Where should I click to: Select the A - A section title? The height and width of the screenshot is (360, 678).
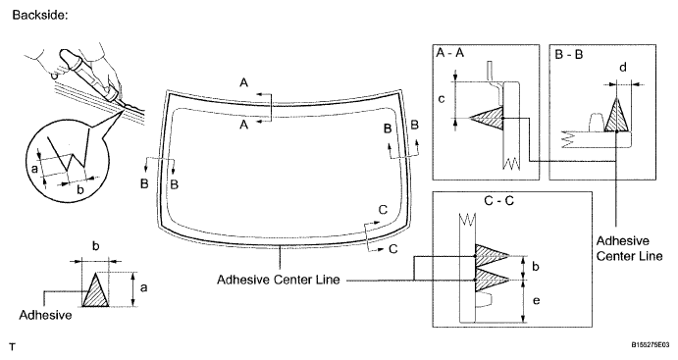450,53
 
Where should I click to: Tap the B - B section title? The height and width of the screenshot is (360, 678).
569,55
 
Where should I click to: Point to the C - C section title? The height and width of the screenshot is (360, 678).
499,201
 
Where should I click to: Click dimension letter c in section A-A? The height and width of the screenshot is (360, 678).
442,99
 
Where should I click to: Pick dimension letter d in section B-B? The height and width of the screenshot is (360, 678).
623,68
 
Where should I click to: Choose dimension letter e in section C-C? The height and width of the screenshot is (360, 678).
536,300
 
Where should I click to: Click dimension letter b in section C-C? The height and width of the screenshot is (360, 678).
536,266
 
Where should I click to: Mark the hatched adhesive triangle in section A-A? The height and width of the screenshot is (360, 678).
487,118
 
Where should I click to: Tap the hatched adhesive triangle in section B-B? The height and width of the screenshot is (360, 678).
616,115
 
